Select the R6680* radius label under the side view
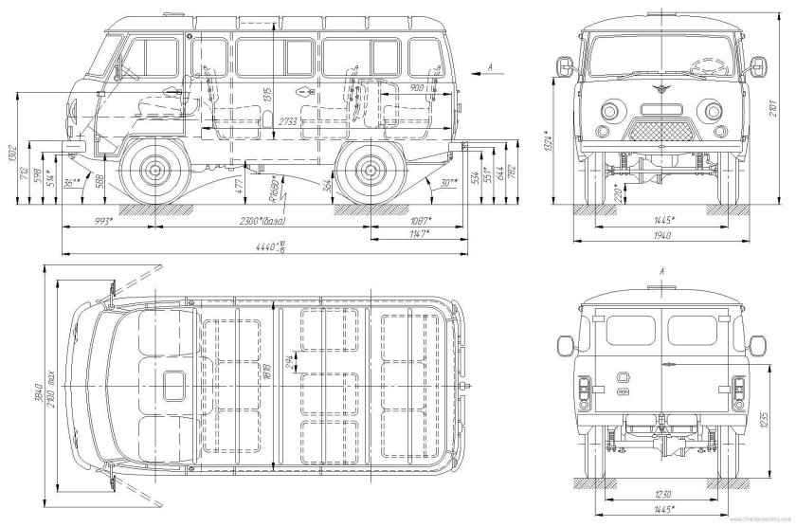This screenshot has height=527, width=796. point(272,191)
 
